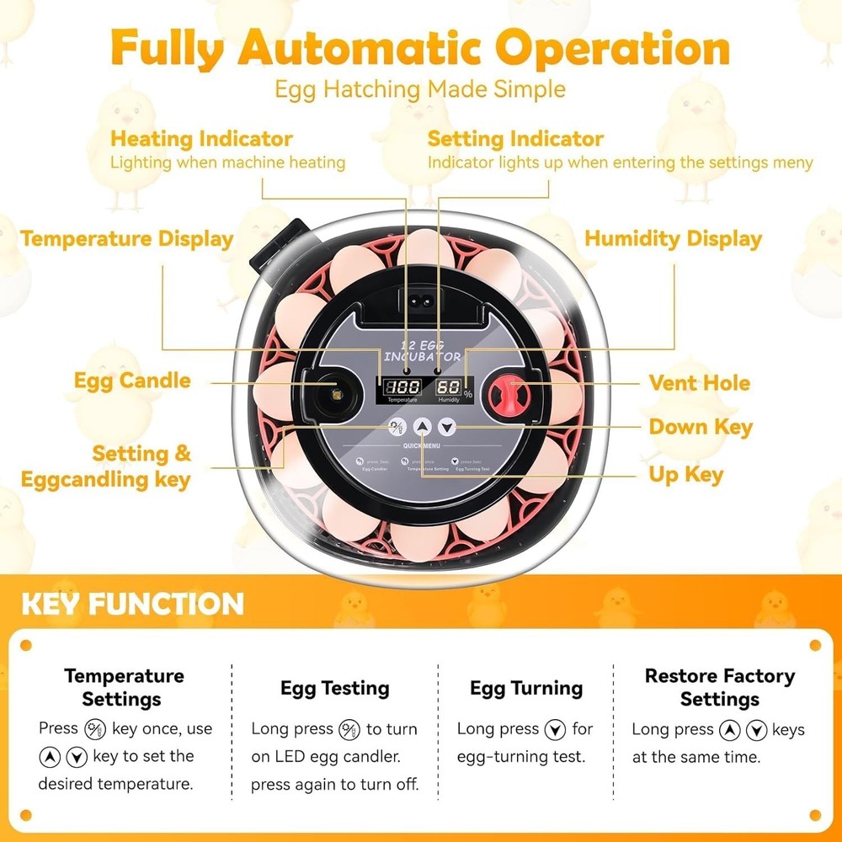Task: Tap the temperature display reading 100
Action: click(402, 387)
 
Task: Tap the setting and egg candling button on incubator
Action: click(395, 427)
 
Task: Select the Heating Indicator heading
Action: click(201, 139)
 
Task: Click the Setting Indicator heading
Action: click(515, 139)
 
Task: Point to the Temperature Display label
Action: click(127, 239)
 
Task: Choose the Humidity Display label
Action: click(673, 239)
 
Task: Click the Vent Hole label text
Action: click(699, 383)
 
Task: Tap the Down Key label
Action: click(701, 428)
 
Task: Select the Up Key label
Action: click(685, 475)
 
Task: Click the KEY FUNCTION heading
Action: click(132, 604)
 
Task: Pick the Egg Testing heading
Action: click(334, 689)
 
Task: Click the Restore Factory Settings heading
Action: click(719, 687)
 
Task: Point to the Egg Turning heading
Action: click(525, 689)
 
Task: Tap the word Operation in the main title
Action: click(612, 49)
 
